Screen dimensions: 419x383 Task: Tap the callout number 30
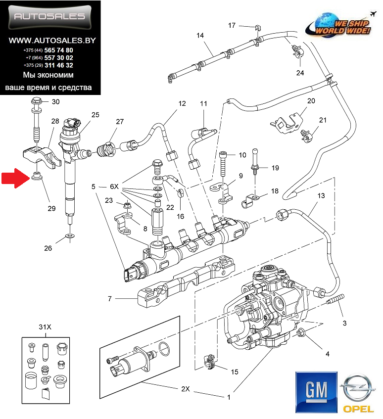pos(55,102)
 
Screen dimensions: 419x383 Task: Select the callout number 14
pos(200,36)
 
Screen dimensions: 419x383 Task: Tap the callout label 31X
pos(45,327)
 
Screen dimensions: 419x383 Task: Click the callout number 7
pos(110,299)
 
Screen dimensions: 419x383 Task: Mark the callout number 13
pos(321,196)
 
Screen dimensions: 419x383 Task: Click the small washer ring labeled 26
pos(70,238)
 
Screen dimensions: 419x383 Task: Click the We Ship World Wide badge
pos(338,25)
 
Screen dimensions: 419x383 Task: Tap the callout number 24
pos(300,73)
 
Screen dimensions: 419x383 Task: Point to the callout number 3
pos(344,324)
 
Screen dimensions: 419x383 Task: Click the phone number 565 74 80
pos(58,50)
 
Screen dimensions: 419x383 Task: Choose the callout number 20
pos(311,101)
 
